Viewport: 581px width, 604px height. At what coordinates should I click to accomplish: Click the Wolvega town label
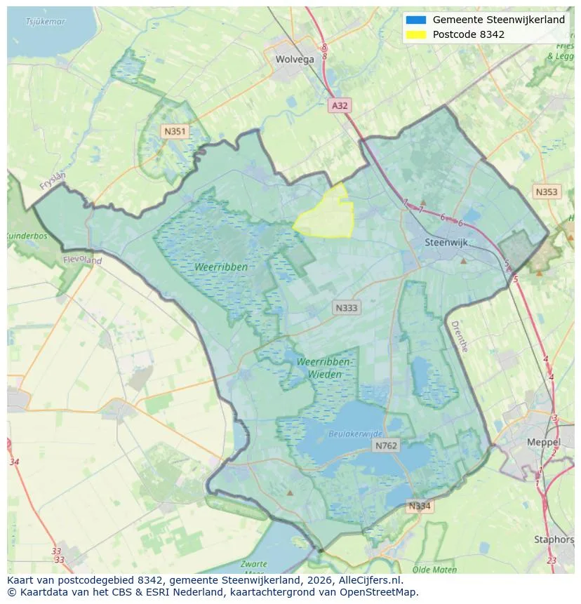pos(295,60)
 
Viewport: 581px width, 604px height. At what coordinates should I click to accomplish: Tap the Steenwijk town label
pos(446,243)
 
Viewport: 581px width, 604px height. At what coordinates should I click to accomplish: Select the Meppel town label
pos(544,443)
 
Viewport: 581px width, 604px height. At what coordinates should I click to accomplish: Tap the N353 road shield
pos(547,192)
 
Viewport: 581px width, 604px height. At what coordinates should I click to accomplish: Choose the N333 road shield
pos(347,308)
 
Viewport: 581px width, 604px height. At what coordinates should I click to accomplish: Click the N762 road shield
pos(386,445)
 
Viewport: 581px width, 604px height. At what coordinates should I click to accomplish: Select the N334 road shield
pos(420,506)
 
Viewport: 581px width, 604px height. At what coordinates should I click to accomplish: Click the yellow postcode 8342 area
pos(327,216)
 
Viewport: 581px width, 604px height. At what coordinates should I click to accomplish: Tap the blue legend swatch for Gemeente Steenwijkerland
pos(415,20)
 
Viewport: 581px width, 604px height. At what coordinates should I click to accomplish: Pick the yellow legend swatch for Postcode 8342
pos(415,34)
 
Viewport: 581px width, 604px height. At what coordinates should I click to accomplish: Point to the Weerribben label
pos(221,267)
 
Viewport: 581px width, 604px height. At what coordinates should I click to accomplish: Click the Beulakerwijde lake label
pos(356,434)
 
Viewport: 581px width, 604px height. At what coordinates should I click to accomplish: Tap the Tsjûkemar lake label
pos(46,22)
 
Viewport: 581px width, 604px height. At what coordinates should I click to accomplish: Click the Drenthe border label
pos(459,337)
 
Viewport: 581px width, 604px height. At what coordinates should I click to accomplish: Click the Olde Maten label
pos(435,570)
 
